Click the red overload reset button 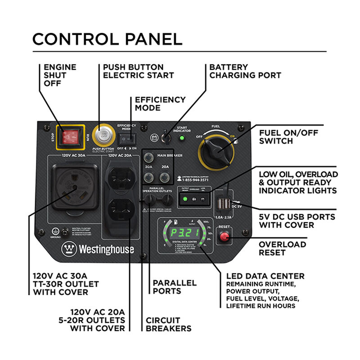(224, 237)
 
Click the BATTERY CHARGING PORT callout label (245, 71)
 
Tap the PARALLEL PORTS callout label (175, 287)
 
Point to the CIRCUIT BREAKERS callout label (168, 324)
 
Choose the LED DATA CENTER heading (265, 276)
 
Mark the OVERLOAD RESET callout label (282, 248)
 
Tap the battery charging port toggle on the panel (165, 136)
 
